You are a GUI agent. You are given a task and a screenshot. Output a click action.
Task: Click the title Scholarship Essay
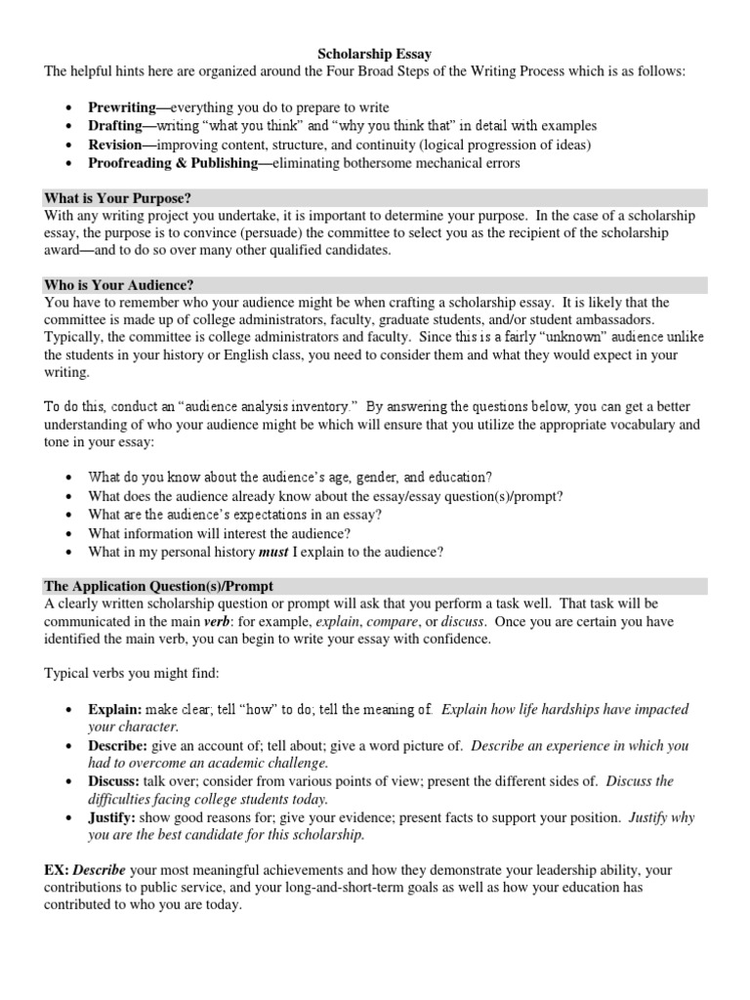point(374,55)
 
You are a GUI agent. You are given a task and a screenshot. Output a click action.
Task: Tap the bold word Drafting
point(115,126)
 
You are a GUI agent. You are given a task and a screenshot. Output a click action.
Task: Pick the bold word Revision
point(114,145)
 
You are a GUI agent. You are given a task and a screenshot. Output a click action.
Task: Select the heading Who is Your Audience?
point(118,285)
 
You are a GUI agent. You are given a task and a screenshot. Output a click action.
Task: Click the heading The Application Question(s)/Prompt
point(159,586)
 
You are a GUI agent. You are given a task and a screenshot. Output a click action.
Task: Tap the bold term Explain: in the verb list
point(115,709)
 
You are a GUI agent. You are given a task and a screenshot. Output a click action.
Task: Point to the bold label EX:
point(57,869)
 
